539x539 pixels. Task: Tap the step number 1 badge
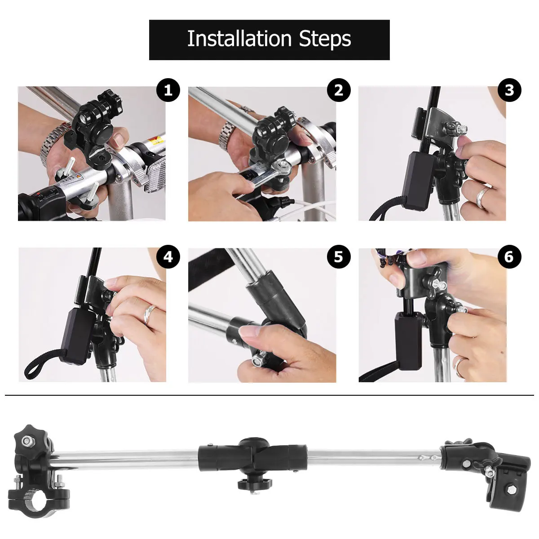pos(168,91)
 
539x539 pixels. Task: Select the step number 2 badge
pos(338,91)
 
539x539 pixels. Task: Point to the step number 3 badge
pos(509,91)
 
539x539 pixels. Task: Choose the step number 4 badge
pos(168,257)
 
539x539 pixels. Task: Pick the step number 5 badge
pos(338,257)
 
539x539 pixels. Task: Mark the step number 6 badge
pos(509,257)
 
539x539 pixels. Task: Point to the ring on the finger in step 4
pos(150,314)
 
